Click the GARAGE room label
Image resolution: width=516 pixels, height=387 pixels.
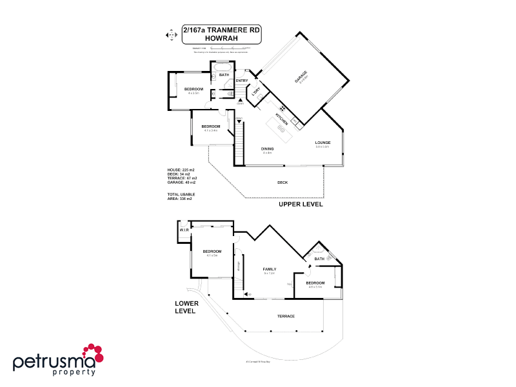click(x=301, y=77)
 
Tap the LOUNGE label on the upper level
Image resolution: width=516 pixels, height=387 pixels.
click(x=322, y=143)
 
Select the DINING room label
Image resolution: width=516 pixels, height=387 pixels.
click(x=267, y=150)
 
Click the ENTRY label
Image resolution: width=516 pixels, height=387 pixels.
click(x=242, y=81)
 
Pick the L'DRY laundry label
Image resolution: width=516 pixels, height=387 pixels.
click(x=255, y=91)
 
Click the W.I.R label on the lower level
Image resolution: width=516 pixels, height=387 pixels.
click(x=183, y=230)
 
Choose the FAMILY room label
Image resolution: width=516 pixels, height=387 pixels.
click(x=269, y=270)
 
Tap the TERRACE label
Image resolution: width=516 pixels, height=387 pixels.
click(x=286, y=316)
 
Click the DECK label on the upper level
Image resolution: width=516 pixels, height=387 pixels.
click(x=283, y=183)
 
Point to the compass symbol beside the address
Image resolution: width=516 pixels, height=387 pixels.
click(x=171, y=34)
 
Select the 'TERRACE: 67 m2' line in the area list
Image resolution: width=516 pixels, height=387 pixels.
click(x=182, y=177)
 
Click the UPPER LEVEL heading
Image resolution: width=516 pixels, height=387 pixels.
click(x=300, y=204)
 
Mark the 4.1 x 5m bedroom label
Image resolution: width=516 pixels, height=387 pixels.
click(x=212, y=253)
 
